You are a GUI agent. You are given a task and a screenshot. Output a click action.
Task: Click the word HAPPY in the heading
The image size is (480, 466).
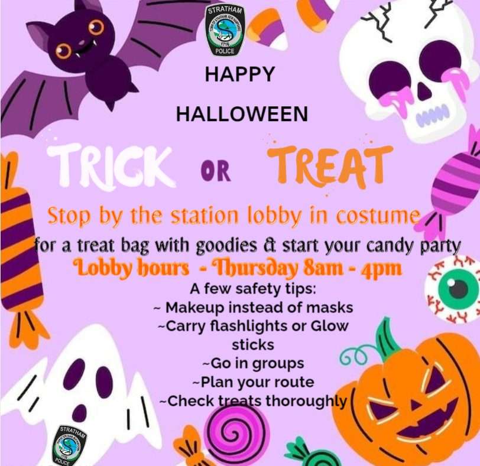(240, 74)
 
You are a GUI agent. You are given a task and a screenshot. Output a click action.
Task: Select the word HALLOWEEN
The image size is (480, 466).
(242, 114)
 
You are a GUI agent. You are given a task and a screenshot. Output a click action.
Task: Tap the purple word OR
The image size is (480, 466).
(216, 172)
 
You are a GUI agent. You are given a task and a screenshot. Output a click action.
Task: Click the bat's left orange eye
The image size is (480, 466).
(64, 50)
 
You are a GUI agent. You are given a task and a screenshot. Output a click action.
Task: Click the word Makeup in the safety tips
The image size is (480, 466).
(195, 308)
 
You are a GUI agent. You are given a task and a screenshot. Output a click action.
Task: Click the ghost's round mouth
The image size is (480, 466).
(80, 410)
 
